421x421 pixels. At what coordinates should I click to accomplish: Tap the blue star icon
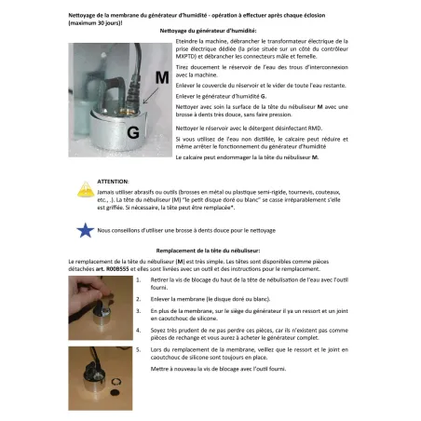tap(84, 229)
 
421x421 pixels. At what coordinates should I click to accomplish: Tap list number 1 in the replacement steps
tap(138, 278)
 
